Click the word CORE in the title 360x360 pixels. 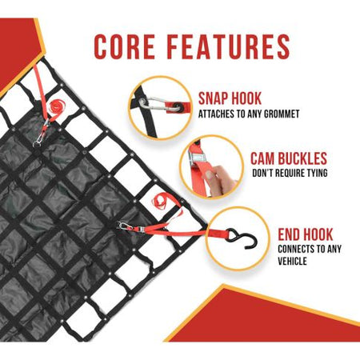125,46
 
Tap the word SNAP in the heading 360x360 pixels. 212,98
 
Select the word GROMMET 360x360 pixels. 282,114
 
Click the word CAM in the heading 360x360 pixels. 263,158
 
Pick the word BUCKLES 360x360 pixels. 302,158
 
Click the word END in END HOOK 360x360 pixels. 290,234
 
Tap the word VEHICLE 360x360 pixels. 292,261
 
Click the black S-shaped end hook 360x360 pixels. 242,238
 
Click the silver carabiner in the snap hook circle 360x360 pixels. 161,105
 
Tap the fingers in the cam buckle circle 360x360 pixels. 220,178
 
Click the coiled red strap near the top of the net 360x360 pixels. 56,106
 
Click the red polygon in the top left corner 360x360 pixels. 18,50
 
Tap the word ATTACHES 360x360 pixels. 216,114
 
